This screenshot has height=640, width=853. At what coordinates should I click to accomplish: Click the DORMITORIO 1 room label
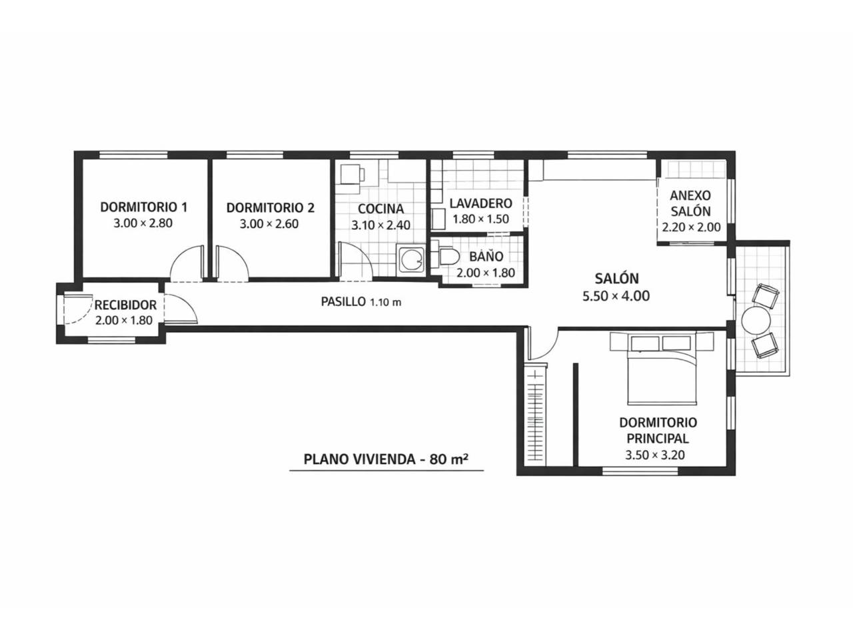(144, 207)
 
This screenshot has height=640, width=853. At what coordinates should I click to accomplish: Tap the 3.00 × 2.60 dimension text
(269, 224)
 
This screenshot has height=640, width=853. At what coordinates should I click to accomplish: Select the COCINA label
(381, 209)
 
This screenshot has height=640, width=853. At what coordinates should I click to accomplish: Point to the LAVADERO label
(480, 203)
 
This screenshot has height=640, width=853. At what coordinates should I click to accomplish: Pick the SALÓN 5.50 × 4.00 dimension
(616, 296)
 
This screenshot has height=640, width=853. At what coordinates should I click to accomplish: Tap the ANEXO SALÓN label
(690, 203)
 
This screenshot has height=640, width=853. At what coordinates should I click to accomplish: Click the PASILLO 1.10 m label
(361, 301)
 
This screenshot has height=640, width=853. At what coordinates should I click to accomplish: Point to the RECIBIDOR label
(125, 305)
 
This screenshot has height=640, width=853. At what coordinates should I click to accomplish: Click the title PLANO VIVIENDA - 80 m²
(385, 459)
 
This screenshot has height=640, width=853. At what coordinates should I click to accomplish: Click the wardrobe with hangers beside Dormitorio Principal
(536, 415)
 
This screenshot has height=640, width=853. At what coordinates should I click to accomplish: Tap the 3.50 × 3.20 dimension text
(655, 455)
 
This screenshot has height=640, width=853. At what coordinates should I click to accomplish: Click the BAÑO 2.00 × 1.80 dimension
(485, 273)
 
